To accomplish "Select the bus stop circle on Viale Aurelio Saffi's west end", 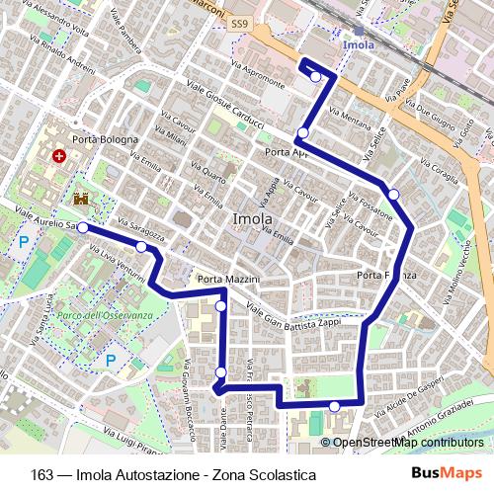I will point(83,227).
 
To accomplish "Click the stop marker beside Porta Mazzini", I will point(220,306).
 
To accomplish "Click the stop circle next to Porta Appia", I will point(303,133).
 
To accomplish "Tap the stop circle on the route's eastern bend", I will point(393,194).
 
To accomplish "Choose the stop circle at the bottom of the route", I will point(335,406).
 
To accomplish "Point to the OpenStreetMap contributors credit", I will point(407,442).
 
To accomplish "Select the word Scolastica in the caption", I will point(282,474).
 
